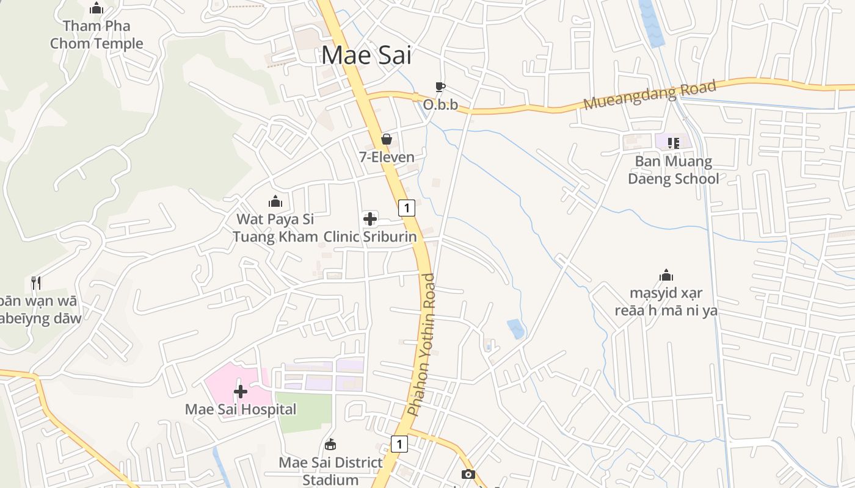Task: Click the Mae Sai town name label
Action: coord(366,55)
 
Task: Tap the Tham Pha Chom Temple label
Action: coord(96,35)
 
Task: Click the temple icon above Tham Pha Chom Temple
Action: coord(96,9)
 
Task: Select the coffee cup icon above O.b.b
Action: coord(440,87)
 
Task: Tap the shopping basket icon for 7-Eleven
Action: coord(386,139)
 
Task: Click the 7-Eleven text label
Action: coord(387,157)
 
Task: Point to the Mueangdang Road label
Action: coord(649,95)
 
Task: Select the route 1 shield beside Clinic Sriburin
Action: coord(407,208)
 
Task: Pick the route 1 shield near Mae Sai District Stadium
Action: coord(399,444)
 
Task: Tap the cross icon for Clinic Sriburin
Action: coord(370,218)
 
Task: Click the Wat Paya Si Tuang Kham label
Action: coord(275,228)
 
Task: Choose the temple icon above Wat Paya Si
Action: coord(275,201)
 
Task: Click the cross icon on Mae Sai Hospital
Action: coord(241,391)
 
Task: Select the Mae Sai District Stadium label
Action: coord(330,471)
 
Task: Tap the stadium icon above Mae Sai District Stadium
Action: coord(330,444)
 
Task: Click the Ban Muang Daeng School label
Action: coord(673,170)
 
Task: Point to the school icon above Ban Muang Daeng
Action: coord(673,143)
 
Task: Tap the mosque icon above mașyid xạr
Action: coord(666,275)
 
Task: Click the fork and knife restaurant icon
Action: coord(36,283)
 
